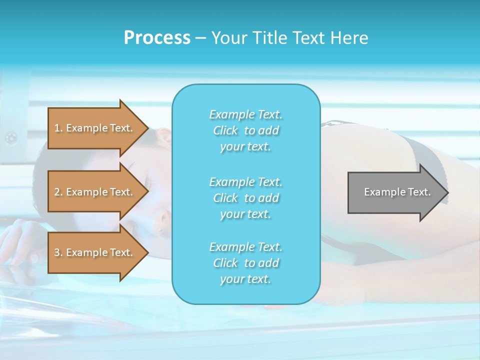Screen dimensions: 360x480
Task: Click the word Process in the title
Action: (x=157, y=38)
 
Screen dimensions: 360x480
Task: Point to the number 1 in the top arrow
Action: (x=57, y=128)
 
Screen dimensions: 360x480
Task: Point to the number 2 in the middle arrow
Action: (x=57, y=192)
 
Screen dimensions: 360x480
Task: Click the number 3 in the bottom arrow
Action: (x=57, y=252)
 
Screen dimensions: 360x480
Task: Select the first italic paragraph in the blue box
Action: (x=245, y=130)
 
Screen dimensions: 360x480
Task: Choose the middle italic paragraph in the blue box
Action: (x=245, y=197)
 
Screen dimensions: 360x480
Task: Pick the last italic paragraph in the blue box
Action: (x=245, y=263)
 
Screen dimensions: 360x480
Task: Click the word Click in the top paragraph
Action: (x=225, y=130)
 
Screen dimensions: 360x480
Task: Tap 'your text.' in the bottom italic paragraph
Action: (x=245, y=279)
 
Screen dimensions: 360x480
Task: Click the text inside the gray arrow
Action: (x=397, y=192)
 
